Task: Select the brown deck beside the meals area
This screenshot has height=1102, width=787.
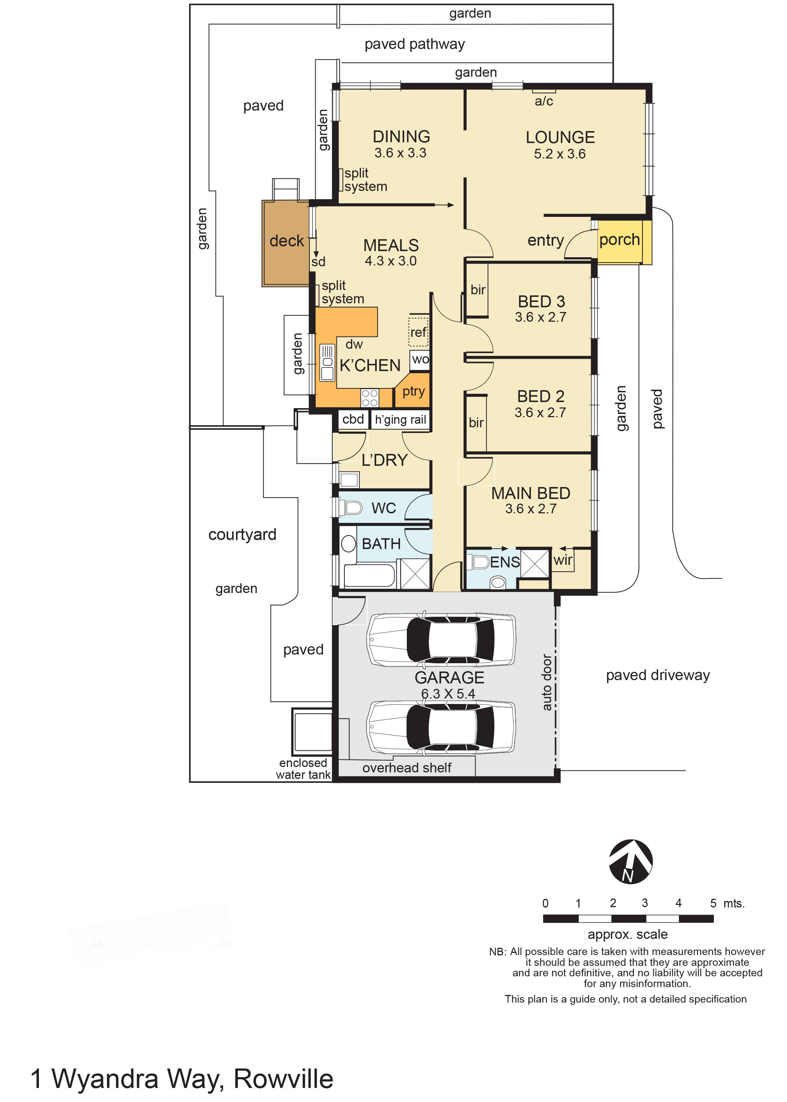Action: pos(285,242)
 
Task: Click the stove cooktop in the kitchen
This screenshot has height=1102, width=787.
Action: pos(370,398)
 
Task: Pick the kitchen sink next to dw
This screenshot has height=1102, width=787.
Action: pos(327,362)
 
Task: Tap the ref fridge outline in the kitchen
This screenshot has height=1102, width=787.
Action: pos(418,331)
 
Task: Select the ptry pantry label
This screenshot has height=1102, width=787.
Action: pos(413,391)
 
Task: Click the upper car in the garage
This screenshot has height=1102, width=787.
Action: pos(441,639)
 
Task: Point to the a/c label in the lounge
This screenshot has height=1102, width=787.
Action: pos(543,101)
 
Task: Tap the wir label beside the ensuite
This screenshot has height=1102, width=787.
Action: pos(563,561)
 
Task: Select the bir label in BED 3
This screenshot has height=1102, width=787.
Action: pos(478,290)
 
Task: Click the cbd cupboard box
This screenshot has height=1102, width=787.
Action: pos(353,419)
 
